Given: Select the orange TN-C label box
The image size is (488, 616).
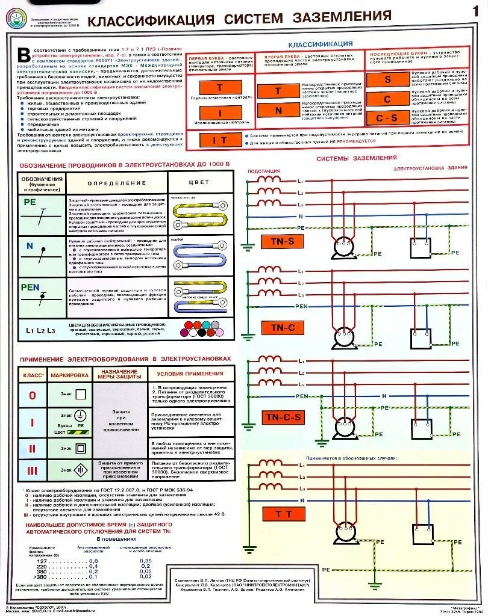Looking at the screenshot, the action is click(x=282, y=328).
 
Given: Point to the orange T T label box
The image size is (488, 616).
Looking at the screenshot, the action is click(x=283, y=514).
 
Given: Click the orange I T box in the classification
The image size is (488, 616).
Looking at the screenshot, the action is click(x=219, y=141).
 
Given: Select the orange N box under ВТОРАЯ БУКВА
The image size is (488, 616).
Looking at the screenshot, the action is click(x=278, y=111).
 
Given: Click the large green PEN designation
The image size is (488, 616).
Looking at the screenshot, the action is click(x=30, y=287).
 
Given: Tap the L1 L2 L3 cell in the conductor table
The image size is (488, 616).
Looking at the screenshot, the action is click(x=40, y=330).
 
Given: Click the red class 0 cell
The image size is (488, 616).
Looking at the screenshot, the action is click(x=33, y=395).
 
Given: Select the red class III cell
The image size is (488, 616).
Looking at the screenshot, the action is click(x=33, y=470).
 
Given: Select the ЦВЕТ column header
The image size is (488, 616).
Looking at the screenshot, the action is click(x=199, y=182).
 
